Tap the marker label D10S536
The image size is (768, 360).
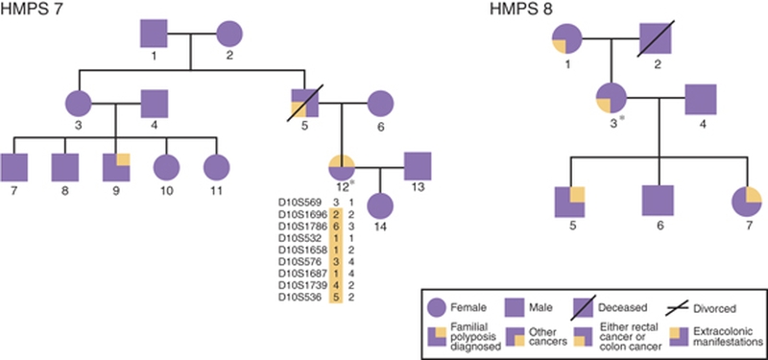click(301, 298)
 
